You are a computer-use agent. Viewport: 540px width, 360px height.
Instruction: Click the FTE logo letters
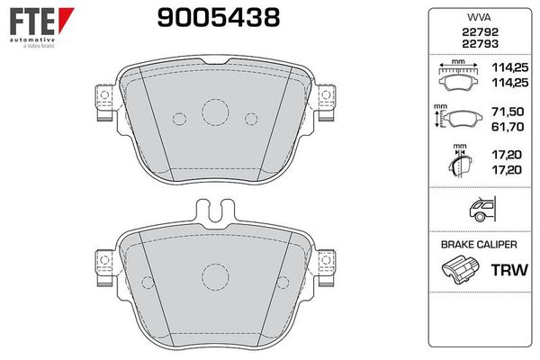pyautogui.click(x=32, y=22)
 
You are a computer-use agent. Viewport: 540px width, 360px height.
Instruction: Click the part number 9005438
pyautogui.click(x=219, y=18)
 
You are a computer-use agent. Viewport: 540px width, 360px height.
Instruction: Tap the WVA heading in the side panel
pyautogui.click(x=479, y=17)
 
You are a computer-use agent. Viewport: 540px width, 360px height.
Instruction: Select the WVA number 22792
pyautogui.click(x=480, y=32)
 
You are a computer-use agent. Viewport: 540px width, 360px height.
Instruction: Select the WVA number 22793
pyautogui.click(x=480, y=44)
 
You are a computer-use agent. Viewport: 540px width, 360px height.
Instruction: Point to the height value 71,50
pyautogui.click(x=508, y=112)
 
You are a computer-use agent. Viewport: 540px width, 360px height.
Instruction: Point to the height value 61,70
pyautogui.click(x=508, y=127)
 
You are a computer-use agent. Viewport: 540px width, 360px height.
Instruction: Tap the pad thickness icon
pyautogui.click(x=460, y=160)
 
